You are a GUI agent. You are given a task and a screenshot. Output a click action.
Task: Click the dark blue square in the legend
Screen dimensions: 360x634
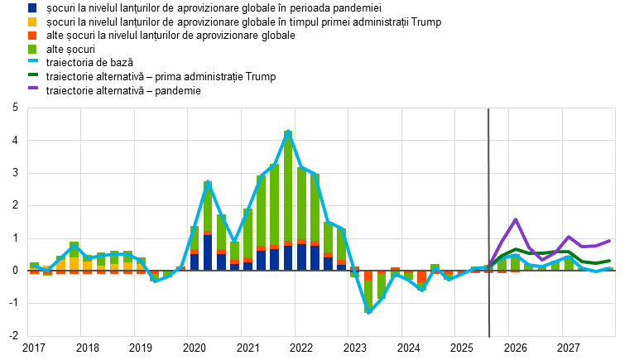pos(32,7)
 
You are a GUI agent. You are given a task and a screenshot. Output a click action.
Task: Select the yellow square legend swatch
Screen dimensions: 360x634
pos(32,22)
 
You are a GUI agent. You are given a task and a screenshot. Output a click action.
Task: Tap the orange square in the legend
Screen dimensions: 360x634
pos(32,36)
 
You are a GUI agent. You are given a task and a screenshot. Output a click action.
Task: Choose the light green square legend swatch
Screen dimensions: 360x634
pos(32,50)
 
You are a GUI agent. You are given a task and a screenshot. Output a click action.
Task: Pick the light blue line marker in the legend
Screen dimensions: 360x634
pos(32,60)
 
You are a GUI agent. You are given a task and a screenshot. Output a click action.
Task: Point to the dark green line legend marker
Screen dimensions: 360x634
pos(32,74)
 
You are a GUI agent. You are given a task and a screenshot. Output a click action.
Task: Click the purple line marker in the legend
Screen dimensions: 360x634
pos(32,88)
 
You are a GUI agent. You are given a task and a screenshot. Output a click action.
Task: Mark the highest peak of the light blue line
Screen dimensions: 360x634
pos(288,132)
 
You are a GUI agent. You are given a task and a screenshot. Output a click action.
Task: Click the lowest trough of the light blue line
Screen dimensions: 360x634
pos(368,313)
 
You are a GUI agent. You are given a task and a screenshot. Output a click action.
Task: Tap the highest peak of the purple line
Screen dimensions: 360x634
pos(516,219)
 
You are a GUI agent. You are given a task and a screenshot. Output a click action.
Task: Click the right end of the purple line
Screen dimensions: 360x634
pos(610,241)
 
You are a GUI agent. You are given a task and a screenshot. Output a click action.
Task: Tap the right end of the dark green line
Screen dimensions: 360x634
pos(610,261)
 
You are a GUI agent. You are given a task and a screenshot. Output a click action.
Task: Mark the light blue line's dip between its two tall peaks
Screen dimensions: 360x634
pos(234,241)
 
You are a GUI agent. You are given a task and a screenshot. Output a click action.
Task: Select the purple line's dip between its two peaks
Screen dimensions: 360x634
pos(543,260)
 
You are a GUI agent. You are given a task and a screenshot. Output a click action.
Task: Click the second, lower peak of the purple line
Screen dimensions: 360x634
pos(569,237)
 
